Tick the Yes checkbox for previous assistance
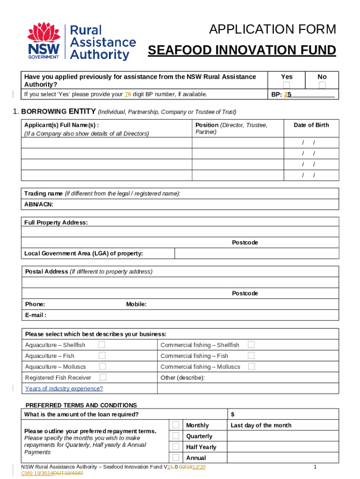(x=287, y=85)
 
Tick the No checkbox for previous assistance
(x=322, y=85)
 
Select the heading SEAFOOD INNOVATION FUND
(x=242, y=51)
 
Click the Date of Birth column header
(x=311, y=125)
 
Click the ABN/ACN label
(x=39, y=204)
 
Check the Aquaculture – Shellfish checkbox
(x=101, y=345)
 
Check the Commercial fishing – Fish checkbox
(x=251, y=356)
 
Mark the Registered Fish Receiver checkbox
(x=103, y=377)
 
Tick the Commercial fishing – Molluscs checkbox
(x=251, y=366)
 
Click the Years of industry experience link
(x=64, y=389)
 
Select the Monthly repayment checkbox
(x=175, y=425)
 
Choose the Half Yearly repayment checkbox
(x=175, y=447)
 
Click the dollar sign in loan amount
(x=233, y=414)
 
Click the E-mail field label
(x=36, y=315)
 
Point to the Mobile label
(x=136, y=305)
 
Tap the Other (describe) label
(x=182, y=377)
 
